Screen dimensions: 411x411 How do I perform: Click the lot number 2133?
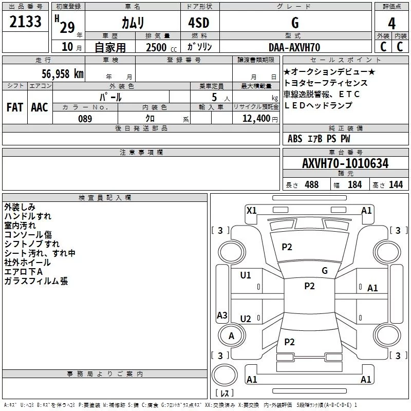[x=25, y=22]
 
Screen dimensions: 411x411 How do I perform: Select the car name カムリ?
[x=133, y=23]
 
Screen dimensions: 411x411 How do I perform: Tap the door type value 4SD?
[x=199, y=23]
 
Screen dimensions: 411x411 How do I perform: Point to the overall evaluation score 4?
[x=391, y=24]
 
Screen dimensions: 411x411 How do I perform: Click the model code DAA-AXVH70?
[x=294, y=47]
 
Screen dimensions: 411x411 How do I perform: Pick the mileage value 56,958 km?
[x=63, y=74]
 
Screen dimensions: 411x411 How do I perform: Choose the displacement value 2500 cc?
[x=161, y=47]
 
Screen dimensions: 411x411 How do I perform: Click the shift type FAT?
[x=15, y=107]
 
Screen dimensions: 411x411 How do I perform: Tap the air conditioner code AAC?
[x=40, y=107]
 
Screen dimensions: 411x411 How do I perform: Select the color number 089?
[x=85, y=119]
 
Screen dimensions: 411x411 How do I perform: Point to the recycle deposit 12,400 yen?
[x=260, y=119]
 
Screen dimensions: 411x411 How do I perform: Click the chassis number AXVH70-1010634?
[x=345, y=163]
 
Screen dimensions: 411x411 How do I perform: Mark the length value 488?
[x=312, y=185]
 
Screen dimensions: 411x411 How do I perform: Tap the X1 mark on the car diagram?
[x=252, y=211]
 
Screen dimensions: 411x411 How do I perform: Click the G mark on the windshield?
[x=325, y=271]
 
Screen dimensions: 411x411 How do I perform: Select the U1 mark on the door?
[x=246, y=275]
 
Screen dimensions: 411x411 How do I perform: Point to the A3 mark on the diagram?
[x=222, y=315]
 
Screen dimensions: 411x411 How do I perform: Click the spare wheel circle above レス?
[x=225, y=375]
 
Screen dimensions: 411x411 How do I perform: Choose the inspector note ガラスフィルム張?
[x=36, y=281]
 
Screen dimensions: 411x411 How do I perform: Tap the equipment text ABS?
[x=295, y=139]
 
